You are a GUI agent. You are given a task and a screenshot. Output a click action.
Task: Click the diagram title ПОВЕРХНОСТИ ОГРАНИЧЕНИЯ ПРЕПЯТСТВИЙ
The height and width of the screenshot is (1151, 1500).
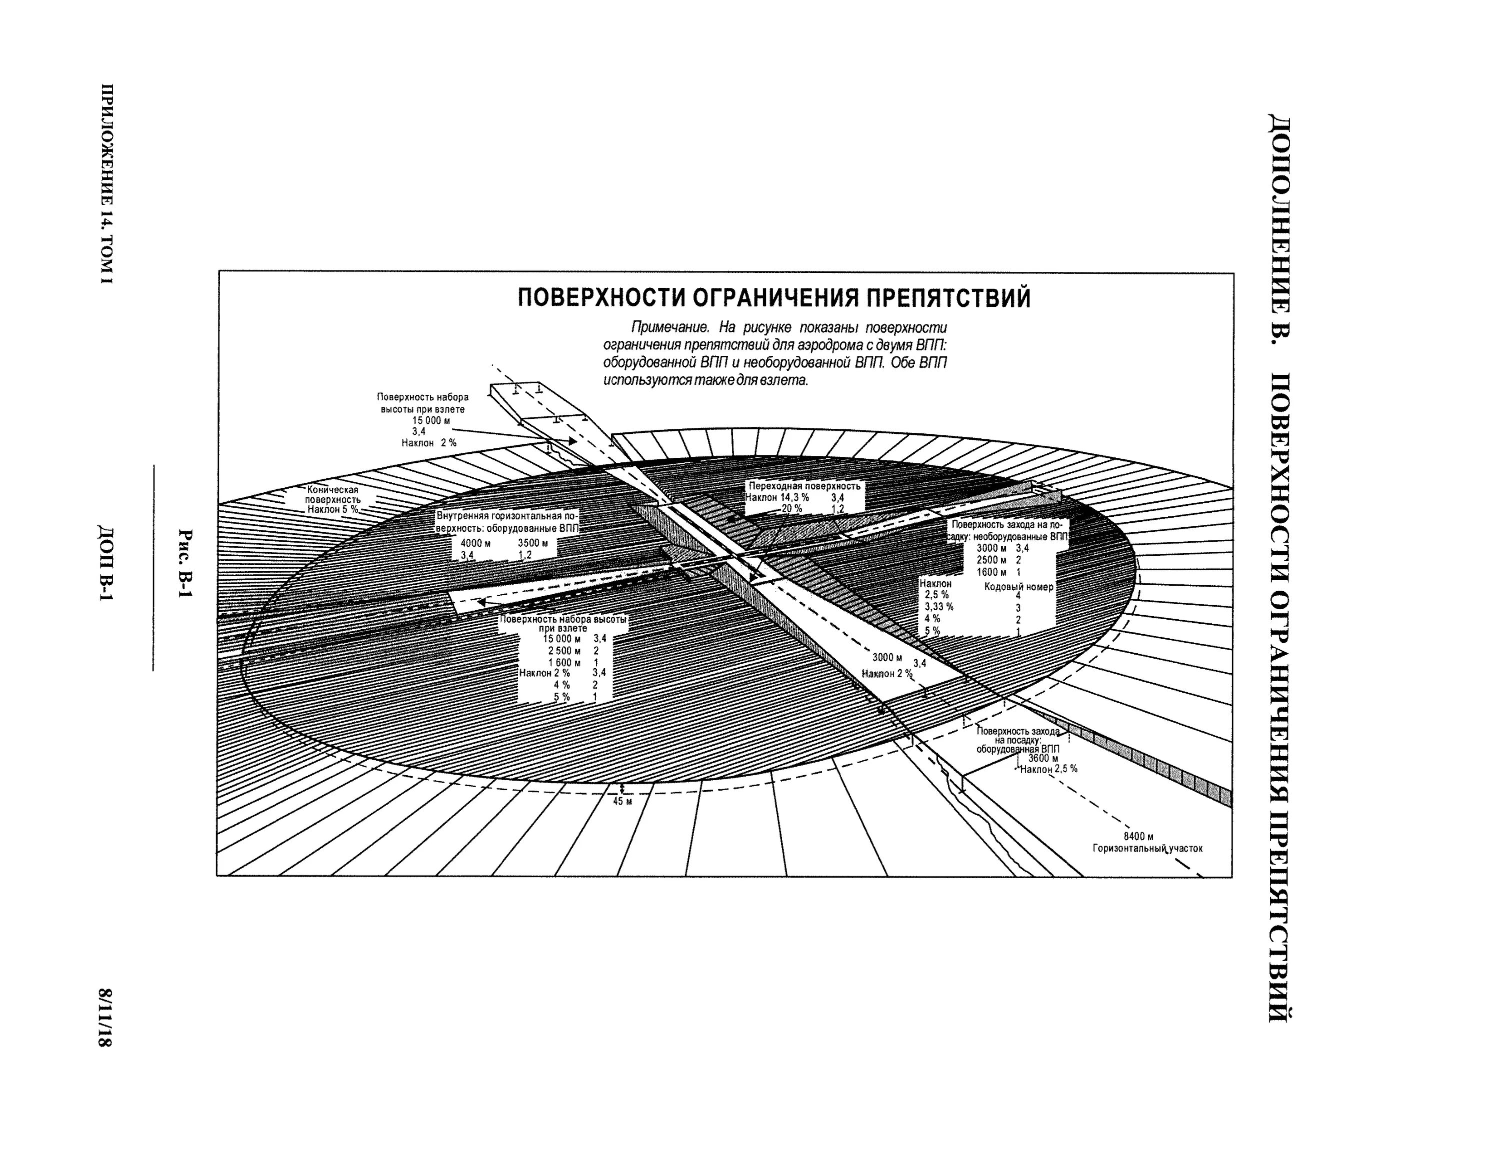pos(773,299)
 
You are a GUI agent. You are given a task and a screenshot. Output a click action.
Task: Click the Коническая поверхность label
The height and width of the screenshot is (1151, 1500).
pos(332,495)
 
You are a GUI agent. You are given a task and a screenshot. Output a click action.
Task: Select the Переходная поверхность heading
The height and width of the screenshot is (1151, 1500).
pos(804,486)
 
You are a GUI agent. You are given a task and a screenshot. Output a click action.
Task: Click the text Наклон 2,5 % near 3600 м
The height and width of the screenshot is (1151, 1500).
pos(1048,769)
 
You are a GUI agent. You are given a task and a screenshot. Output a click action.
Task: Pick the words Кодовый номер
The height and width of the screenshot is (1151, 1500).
pos(1018,586)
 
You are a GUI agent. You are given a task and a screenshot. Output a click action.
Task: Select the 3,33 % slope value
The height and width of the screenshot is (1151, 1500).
pos(939,607)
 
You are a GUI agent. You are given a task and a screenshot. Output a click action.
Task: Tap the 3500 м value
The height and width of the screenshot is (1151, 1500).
pos(532,543)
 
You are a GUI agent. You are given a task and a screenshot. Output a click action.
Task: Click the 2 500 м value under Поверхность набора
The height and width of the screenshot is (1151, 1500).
pos(563,651)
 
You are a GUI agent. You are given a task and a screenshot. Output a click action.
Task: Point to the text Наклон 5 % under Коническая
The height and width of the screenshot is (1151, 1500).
pos(332,510)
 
